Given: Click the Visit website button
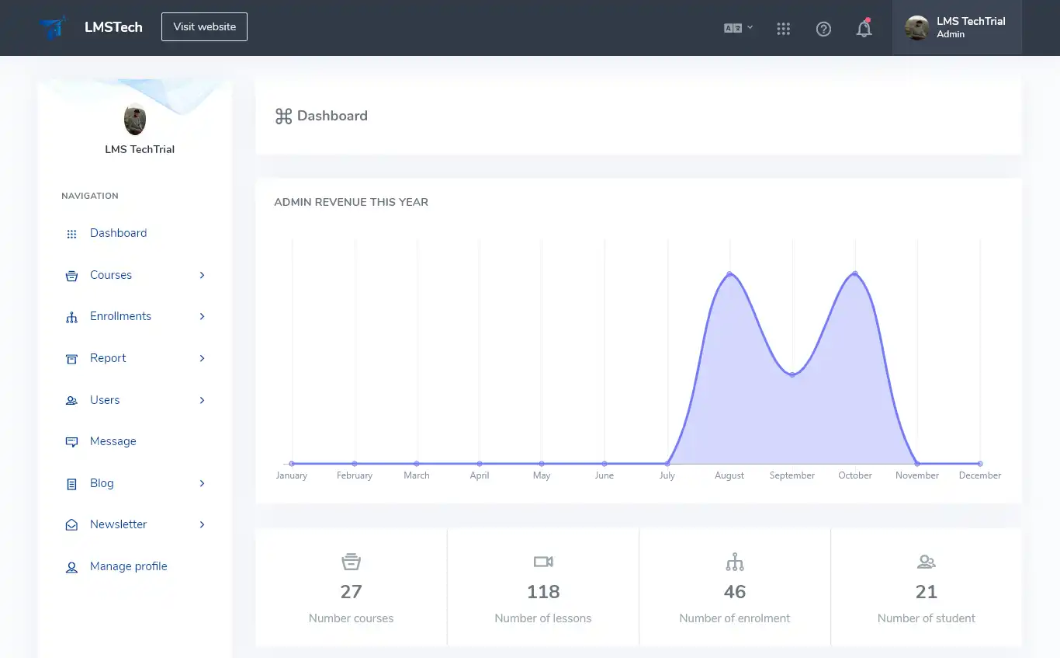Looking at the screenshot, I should click(204, 26).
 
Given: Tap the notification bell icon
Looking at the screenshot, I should click(864, 29).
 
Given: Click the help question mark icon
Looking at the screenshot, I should click(823, 29).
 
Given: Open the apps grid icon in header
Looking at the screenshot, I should click(783, 29).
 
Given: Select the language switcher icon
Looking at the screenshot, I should click(738, 28).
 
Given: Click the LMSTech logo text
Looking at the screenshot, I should click(113, 27).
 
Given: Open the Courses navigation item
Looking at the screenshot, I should click(111, 275).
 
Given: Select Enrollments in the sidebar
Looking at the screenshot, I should click(120, 316).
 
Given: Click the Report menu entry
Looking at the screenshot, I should click(108, 358).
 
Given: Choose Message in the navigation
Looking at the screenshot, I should click(113, 441).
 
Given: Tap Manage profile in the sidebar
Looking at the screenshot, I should click(128, 566).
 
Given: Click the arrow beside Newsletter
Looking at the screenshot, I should click(202, 524).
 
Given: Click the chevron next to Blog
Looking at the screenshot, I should click(202, 483).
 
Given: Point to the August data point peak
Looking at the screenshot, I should click(729, 273).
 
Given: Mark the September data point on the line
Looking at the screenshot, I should click(792, 374).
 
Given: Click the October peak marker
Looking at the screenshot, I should click(855, 273).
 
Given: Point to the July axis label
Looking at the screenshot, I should click(667, 475).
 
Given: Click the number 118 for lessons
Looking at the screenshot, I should click(543, 592).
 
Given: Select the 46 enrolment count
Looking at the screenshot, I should click(735, 592).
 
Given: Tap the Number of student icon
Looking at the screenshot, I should click(927, 562).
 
